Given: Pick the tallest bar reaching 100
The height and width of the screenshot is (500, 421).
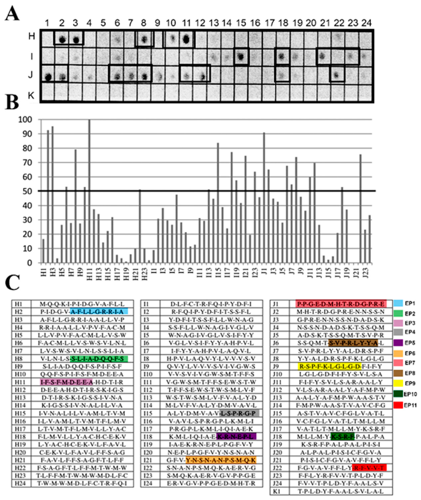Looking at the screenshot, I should tap(89, 190).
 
